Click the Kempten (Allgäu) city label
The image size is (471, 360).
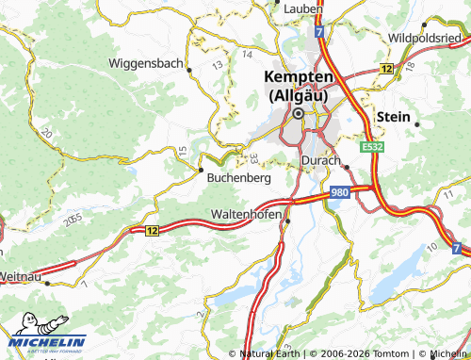click(x=300, y=85)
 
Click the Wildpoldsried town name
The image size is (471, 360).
click(x=429, y=37)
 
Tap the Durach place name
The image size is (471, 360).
click(x=319, y=161)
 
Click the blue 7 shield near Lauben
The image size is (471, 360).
click(x=320, y=32)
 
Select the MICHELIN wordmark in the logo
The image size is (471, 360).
click(x=49, y=342)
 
